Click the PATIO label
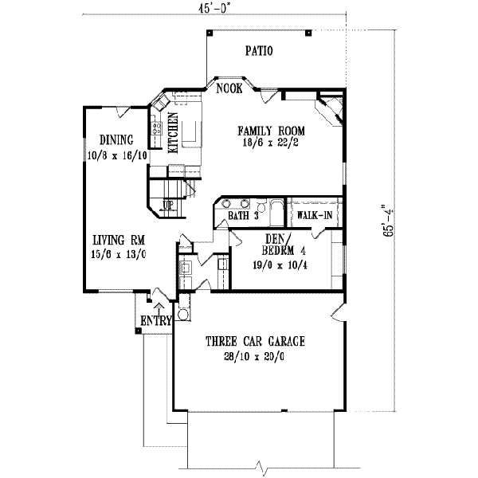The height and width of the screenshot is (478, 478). click(259, 52)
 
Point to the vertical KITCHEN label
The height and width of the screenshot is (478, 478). click(172, 132)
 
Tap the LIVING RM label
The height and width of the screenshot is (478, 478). click(117, 239)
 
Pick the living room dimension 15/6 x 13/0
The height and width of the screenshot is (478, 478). click(118, 254)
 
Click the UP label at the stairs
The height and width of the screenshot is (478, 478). click(168, 204)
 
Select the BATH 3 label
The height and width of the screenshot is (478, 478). click(244, 216)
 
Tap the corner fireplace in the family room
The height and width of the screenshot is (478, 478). click(331, 106)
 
